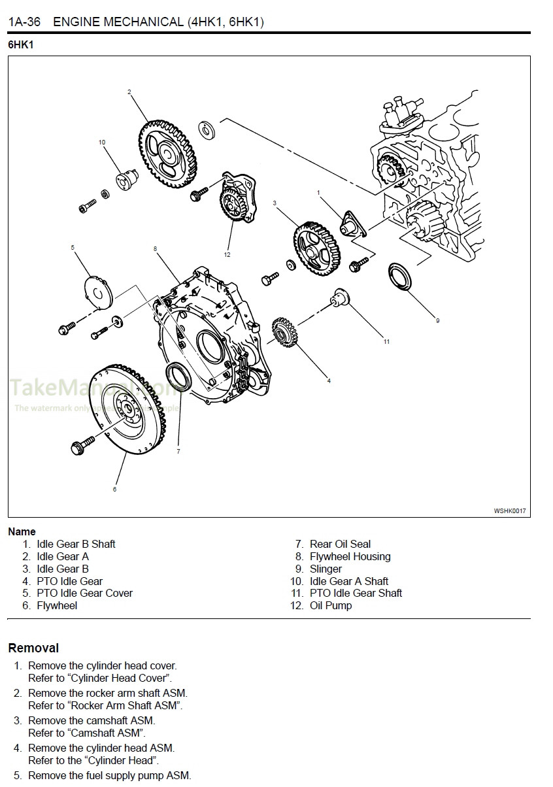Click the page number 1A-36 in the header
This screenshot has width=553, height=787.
[x=24, y=22]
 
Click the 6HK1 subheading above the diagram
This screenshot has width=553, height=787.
[x=20, y=46]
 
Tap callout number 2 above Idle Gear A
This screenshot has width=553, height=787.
[x=129, y=92]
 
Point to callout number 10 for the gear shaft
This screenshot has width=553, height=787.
[x=101, y=142]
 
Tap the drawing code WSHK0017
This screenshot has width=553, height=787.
[x=509, y=511]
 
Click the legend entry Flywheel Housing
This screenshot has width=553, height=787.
[x=350, y=556]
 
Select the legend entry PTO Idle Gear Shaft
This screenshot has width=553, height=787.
[x=356, y=593]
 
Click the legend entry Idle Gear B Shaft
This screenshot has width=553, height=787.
[x=76, y=544]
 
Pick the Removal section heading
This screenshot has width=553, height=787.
[x=33, y=648]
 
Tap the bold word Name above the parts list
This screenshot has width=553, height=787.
[x=22, y=531]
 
